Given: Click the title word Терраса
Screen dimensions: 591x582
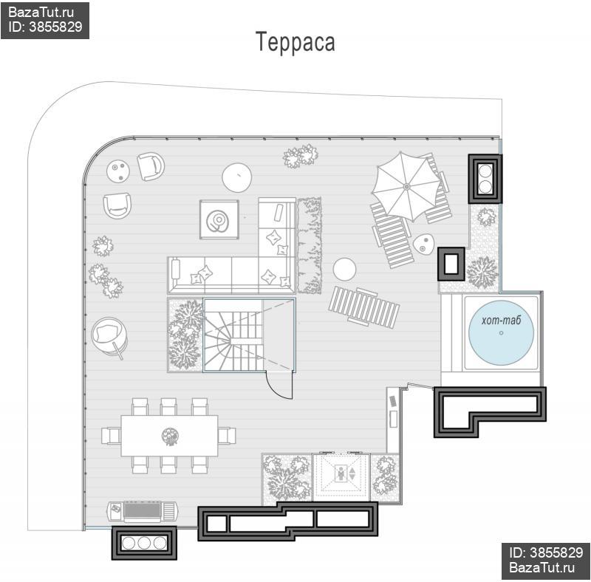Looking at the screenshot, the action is (x=295, y=41).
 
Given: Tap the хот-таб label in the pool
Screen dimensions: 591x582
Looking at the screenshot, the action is (x=501, y=321).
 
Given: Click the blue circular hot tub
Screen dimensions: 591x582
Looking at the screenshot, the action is (x=501, y=333).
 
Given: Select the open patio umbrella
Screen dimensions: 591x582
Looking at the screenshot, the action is (x=406, y=187).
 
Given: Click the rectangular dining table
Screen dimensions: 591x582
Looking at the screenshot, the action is (x=169, y=436).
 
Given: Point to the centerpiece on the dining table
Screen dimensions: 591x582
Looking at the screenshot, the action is (x=170, y=437).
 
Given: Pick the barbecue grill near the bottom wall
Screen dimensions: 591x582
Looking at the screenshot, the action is (x=143, y=511).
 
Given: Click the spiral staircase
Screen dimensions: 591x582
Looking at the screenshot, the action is (x=233, y=335).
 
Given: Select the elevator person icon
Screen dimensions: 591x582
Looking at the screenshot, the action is (x=341, y=474).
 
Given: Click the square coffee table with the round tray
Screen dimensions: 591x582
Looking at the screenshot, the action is (x=219, y=219).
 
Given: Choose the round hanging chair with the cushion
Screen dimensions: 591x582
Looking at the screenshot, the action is (x=109, y=336).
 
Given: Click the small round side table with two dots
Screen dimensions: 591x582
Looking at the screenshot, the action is (x=118, y=171).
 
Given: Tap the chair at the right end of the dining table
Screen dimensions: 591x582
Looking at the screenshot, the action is (x=228, y=436).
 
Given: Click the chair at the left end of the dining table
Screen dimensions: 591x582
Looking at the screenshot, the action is (x=112, y=436).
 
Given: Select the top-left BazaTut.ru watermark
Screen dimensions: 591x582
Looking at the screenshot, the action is (x=41, y=13).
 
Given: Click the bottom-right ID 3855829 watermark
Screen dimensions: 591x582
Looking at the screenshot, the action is (x=546, y=552).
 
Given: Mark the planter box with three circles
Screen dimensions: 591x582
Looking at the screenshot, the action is (x=144, y=543).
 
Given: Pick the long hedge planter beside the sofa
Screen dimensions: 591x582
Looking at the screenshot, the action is (x=310, y=245).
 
